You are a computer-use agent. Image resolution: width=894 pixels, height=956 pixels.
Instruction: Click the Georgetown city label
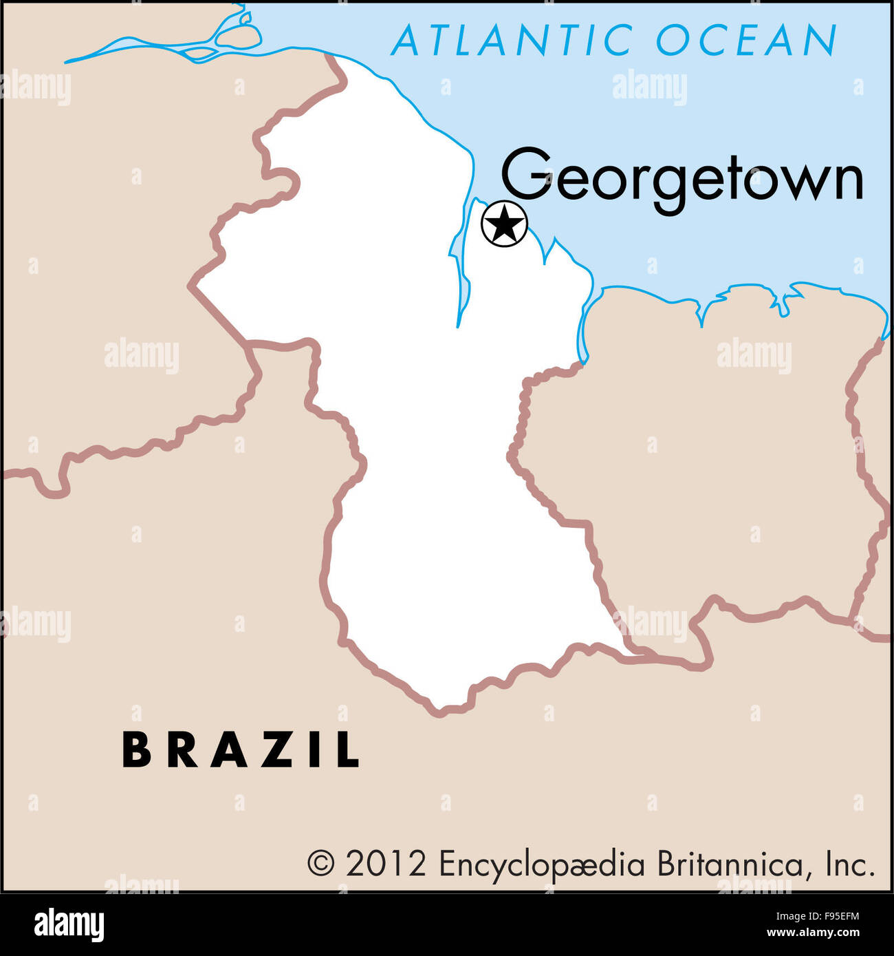click(x=682, y=178)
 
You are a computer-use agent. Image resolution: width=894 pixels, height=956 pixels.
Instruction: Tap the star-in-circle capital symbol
click(x=504, y=224)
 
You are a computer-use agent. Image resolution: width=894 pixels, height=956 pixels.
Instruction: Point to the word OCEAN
click(x=746, y=40)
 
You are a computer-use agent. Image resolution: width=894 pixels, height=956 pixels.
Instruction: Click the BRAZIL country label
click(x=241, y=750)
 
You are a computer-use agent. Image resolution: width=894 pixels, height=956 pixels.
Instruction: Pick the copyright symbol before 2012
click(x=320, y=862)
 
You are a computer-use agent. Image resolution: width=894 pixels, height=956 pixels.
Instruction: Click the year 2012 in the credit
click(x=385, y=863)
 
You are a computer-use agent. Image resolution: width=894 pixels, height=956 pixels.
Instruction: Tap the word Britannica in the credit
click(x=729, y=863)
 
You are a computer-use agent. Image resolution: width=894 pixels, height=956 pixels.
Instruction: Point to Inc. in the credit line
click(x=850, y=863)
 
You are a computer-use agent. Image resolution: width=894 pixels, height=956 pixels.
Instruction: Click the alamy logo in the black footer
click(x=69, y=924)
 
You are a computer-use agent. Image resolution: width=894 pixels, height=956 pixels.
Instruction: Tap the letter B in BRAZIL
click(x=136, y=750)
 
